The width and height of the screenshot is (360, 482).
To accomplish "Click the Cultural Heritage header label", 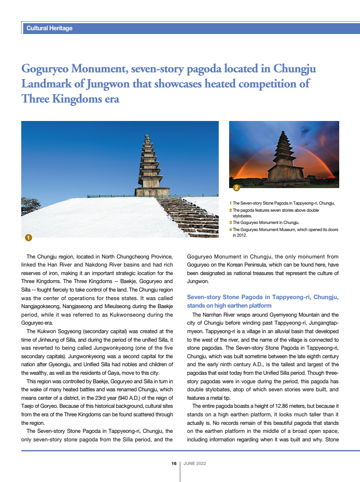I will coord(50,28).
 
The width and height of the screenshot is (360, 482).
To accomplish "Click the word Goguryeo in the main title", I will coord(46,69).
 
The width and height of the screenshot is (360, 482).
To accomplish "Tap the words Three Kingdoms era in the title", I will coord(70,99).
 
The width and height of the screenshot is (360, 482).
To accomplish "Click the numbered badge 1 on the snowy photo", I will coord(28,237).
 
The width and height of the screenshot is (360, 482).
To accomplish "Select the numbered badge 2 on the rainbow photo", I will coord(236,188).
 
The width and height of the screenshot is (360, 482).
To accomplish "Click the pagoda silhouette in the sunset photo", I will coord(285,158).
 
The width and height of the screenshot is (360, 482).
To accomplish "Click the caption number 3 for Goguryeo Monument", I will coord(230,222).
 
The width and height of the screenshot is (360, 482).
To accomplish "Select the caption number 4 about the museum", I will coord(230,230).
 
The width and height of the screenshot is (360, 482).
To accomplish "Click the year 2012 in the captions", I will coord(241,235).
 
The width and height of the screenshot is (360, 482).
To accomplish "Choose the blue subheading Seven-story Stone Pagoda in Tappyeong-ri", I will coord(263,297).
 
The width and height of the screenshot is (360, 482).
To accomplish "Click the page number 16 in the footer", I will coord(174,464).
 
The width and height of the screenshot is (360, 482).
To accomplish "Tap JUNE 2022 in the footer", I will coord(195,464).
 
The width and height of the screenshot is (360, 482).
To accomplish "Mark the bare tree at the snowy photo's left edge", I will coord(29,207).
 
